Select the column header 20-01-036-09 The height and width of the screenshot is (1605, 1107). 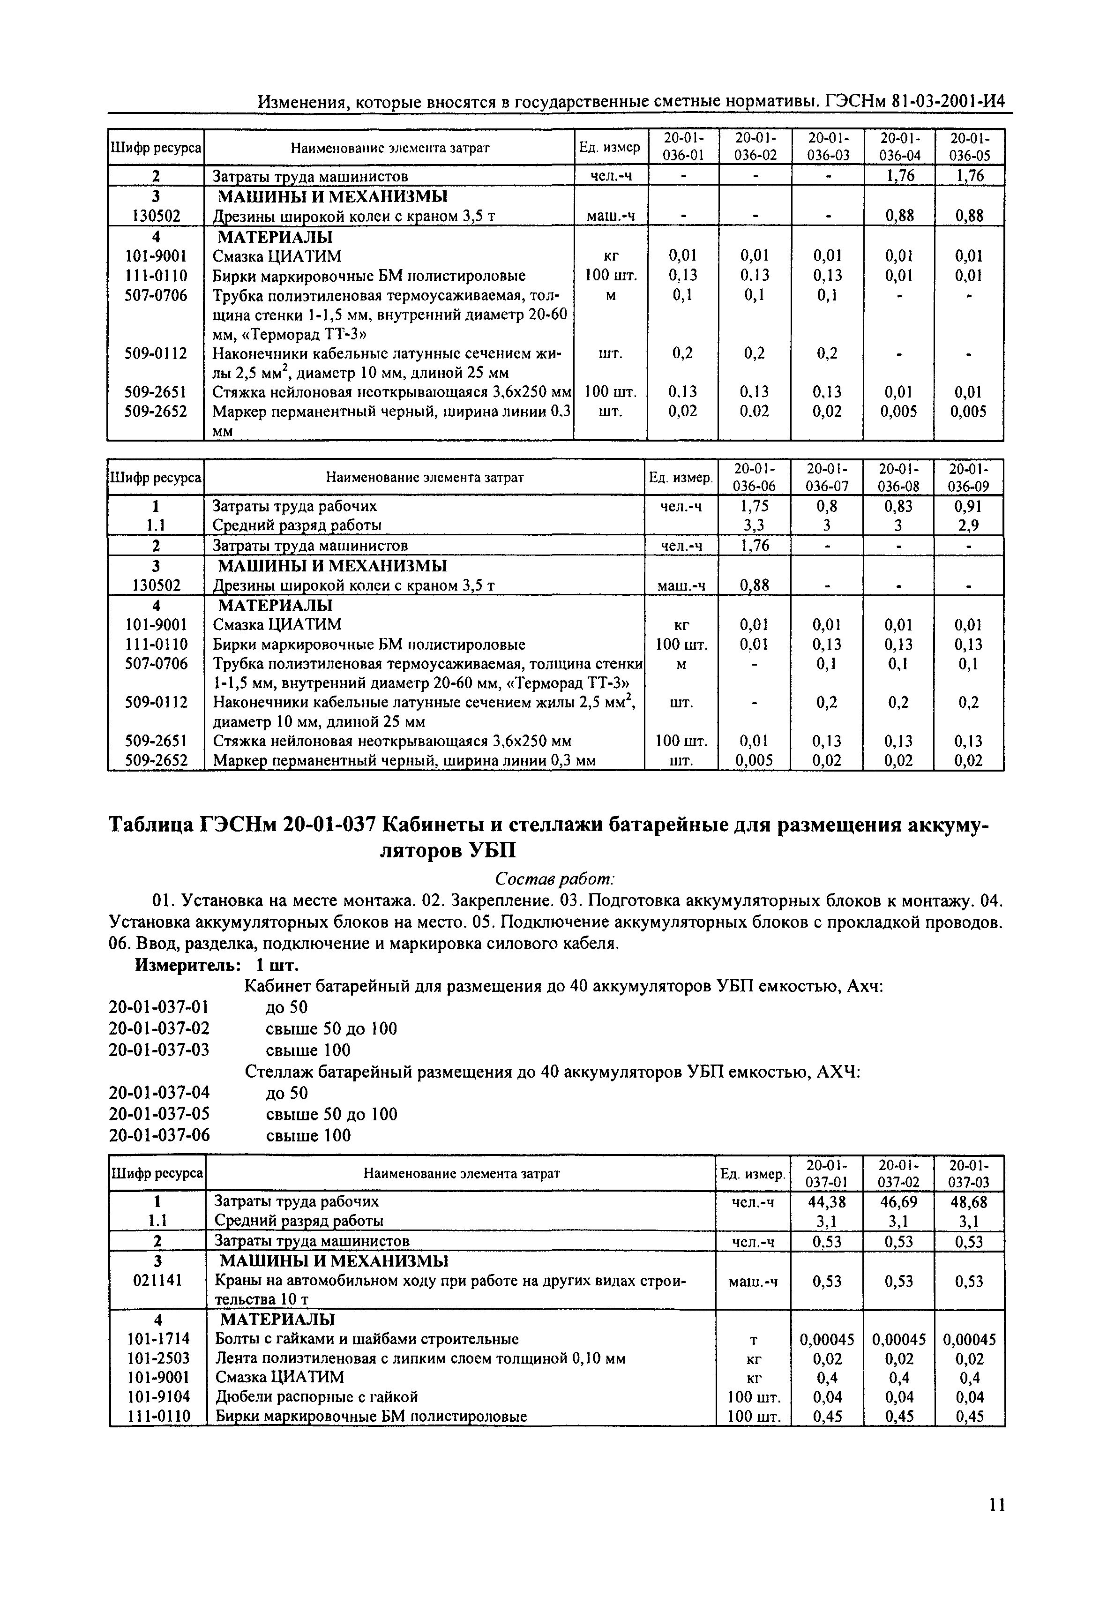pos(968,477)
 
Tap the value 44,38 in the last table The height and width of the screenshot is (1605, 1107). pos(827,1201)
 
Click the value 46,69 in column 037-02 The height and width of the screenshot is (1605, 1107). pos(898,1201)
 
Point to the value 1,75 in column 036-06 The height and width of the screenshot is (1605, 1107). pos(755,506)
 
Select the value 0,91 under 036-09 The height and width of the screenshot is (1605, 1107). pos(968,506)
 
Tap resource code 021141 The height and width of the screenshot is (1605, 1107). pos(157,1281)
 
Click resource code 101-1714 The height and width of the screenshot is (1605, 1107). pos(157,1339)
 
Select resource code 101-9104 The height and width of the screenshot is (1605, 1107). pos(157,1396)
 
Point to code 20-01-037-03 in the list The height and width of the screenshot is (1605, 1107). pos(159,1050)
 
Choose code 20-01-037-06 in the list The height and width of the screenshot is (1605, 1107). pos(159,1135)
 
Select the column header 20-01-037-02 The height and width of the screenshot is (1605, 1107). pos(898,1173)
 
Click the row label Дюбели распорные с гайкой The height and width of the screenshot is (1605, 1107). pos(316,1396)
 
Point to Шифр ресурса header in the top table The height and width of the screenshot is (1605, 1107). pos(156,147)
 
